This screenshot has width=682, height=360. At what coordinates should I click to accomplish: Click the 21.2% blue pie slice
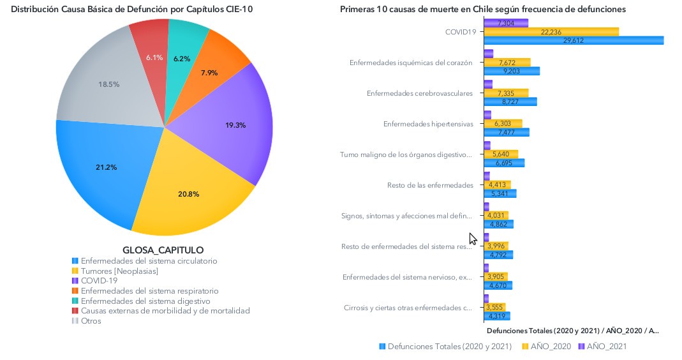tap(105, 169)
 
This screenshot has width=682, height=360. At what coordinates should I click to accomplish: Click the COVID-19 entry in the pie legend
tap(99, 280)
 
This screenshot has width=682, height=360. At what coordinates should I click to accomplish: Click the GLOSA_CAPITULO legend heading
tap(163, 250)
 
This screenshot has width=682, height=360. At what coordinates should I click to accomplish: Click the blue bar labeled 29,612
tap(574, 40)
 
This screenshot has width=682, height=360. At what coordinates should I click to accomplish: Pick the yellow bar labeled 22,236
tap(551, 31)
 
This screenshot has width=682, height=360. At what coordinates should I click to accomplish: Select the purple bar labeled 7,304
tap(506, 23)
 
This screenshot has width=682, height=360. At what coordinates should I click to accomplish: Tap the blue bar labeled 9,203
tap(512, 71)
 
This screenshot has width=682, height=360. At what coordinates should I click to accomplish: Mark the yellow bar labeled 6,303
tap(503, 123)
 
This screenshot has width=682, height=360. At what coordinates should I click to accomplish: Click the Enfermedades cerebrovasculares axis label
tap(420, 93)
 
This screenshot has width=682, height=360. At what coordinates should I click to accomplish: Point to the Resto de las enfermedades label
tap(430, 185)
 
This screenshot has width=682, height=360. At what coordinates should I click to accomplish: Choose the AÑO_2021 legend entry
tap(604, 346)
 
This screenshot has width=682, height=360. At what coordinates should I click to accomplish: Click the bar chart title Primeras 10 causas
tap(482, 9)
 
